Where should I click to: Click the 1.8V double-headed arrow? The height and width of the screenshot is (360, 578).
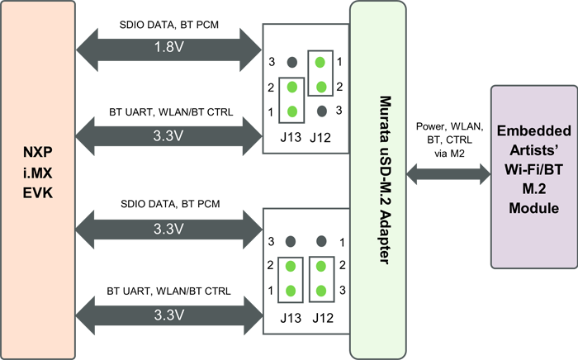click(168, 49)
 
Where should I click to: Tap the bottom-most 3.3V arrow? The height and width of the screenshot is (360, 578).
click(168, 315)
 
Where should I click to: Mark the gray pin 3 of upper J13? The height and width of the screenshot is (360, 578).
click(291, 63)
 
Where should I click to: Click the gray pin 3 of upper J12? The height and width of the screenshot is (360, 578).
click(321, 111)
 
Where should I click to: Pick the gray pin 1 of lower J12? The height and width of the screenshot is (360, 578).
click(321, 242)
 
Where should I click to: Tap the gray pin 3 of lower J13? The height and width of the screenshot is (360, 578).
click(291, 242)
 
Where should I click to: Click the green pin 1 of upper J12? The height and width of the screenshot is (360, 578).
click(321, 63)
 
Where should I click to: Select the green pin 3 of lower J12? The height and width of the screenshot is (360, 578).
click(321, 291)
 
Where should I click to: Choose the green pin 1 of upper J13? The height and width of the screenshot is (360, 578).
click(291, 111)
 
